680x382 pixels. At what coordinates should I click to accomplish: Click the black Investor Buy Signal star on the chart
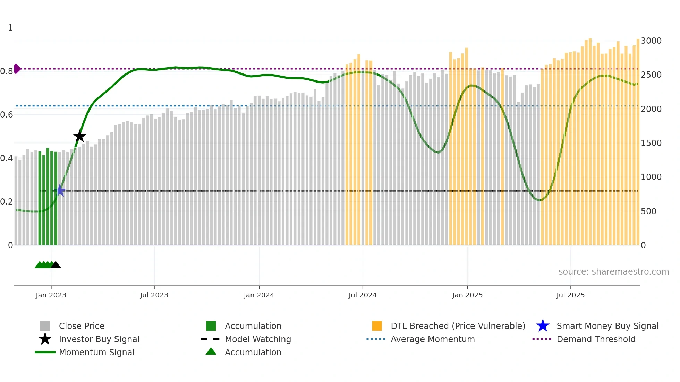79,136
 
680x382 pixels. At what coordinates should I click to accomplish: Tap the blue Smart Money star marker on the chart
60,190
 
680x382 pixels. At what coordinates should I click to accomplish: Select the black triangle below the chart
56,265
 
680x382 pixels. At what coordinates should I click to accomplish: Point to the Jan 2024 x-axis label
259,295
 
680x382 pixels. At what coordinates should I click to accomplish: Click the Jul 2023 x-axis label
154,295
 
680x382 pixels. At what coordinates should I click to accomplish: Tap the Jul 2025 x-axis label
570,295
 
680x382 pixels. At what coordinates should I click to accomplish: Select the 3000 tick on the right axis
651,41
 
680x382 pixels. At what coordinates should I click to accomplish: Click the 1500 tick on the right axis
651,143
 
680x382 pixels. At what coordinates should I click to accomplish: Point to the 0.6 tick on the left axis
7,115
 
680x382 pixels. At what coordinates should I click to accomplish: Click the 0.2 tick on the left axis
7,202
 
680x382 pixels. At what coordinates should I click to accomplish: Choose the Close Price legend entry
82,326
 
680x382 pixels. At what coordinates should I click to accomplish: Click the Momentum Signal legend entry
96,352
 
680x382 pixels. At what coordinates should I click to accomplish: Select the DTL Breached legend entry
458,326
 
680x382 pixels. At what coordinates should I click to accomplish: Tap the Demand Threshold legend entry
596,339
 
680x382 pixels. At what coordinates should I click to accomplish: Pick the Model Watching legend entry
258,339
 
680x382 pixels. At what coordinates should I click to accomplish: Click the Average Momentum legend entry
433,339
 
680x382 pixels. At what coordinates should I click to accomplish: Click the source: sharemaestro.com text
613,272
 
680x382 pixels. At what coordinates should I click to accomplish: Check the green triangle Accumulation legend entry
253,352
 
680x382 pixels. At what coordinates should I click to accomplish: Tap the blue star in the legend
543,326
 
